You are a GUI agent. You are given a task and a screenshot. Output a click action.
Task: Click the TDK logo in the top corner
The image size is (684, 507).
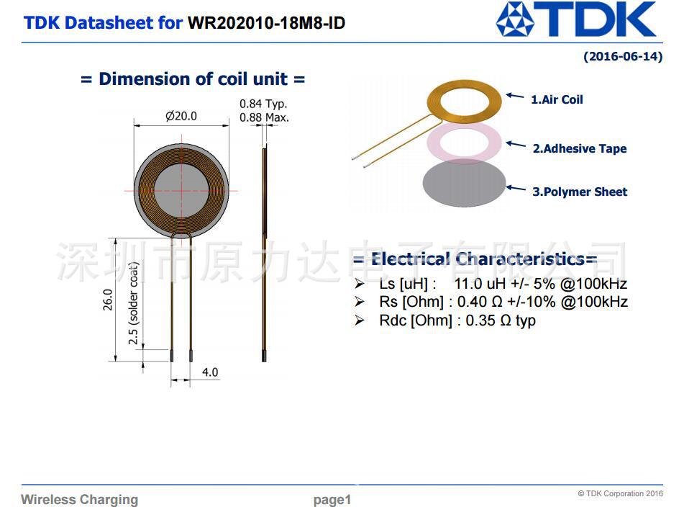[576, 19]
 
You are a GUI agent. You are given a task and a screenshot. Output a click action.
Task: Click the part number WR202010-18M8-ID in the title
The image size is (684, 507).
[266, 23]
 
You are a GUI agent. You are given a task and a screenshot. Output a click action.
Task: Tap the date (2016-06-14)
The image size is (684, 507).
[623, 56]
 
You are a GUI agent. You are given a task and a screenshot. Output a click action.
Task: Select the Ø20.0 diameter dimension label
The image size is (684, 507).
[181, 116]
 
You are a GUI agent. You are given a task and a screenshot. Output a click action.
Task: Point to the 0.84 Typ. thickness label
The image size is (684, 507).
[263, 104]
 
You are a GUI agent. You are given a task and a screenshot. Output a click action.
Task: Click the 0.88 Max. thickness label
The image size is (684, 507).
[264, 117]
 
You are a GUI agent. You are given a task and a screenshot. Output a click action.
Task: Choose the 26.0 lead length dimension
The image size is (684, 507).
[108, 300]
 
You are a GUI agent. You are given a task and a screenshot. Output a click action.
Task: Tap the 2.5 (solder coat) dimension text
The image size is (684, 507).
[134, 303]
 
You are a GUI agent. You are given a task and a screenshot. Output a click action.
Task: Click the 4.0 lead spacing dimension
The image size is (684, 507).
[210, 372]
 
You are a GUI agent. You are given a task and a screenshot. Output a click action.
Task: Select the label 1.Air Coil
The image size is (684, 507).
[557, 99]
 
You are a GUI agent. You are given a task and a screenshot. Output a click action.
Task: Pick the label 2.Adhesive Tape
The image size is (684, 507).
[579, 148]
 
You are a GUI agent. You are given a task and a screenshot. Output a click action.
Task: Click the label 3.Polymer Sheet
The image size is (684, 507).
[579, 192]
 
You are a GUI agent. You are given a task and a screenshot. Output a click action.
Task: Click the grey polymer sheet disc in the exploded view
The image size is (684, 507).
[464, 184]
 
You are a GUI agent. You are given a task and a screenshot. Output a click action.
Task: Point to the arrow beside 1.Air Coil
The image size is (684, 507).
[515, 96]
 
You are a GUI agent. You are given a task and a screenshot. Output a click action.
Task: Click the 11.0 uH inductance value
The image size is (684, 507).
[480, 284]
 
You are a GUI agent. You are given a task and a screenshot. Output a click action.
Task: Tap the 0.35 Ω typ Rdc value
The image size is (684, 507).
[501, 320]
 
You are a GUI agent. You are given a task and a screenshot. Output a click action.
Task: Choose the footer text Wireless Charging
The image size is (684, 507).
[79, 499]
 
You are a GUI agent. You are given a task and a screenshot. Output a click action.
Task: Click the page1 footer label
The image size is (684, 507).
[332, 500]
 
